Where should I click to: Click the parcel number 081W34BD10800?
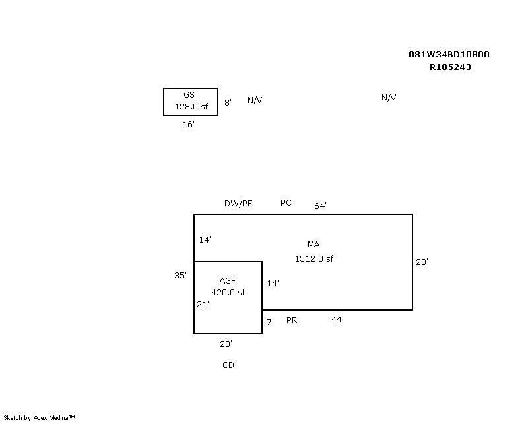pyautogui.click(x=449, y=55)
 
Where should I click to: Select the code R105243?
pyautogui.click(x=450, y=67)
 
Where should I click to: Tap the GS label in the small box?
pyautogui.click(x=189, y=95)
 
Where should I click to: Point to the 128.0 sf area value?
pyautogui.click(x=191, y=106)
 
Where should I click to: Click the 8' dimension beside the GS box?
pyautogui.click(x=228, y=102)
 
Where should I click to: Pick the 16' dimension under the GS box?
pyautogui.click(x=189, y=124)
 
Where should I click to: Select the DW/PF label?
pyautogui.click(x=238, y=204)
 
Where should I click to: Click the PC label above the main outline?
pyautogui.click(x=286, y=203)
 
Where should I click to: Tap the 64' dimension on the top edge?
pyautogui.click(x=320, y=206)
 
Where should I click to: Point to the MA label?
pyautogui.click(x=313, y=245)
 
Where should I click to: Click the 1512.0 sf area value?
pyautogui.click(x=313, y=258)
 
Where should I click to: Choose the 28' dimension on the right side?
pyautogui.click(x=422, y=262)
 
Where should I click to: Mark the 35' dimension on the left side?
pyautogui.click(x=180, y=275)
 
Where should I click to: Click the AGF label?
pyautogui.click(x=228, y=281)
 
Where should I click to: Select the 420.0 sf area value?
pyautogui.click(x=228, y=292)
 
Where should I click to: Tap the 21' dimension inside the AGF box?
pyautogui.click(x=203, y=304)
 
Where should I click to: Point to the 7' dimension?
pyautogui.click(x=270, y=322)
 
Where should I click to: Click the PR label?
pyautogui.click(x=292, y=320)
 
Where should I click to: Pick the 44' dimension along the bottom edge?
pyautogui.click(x=337, y=319)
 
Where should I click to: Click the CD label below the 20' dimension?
pyautogui.click(x=228, y=365)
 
